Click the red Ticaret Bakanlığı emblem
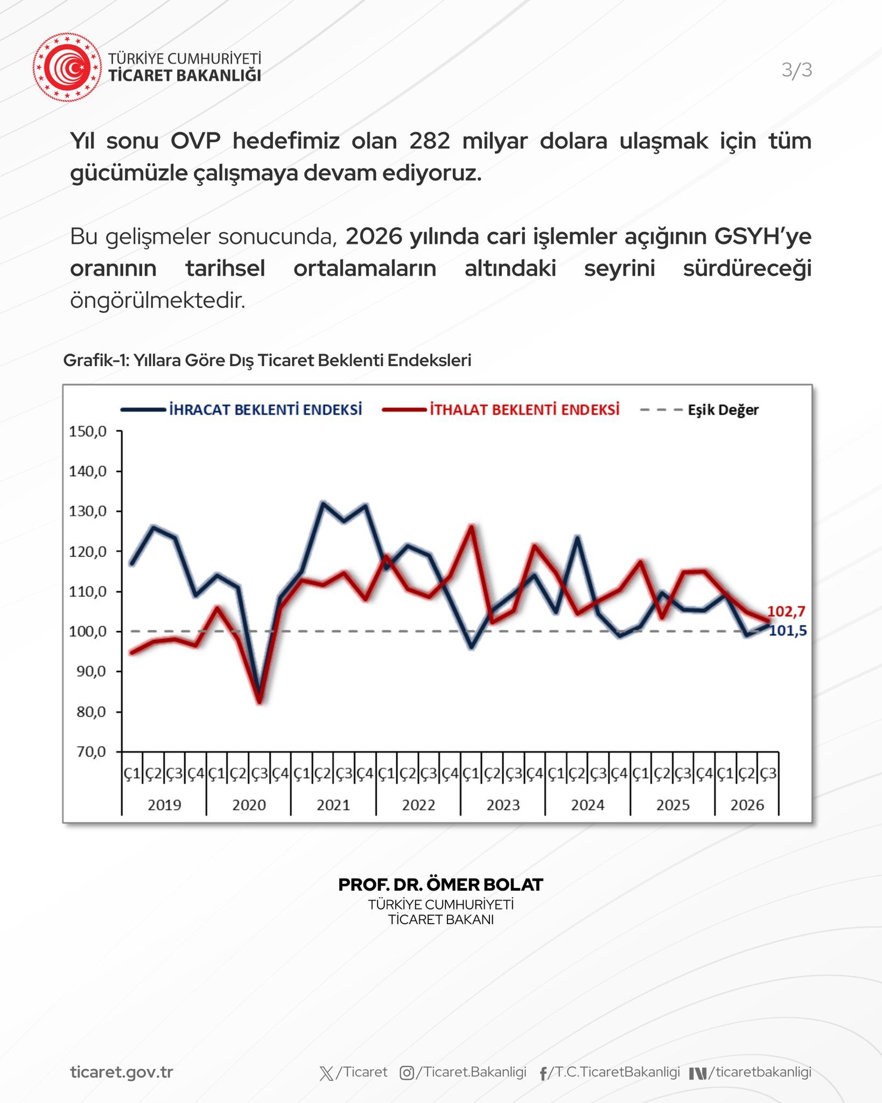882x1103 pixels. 67,67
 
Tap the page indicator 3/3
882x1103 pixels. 797,70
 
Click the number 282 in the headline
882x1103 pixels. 429,141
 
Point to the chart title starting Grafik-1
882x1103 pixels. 267,360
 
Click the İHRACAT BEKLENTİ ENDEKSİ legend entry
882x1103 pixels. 241,409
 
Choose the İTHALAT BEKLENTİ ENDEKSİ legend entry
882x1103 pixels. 501,409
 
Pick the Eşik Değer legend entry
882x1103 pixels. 699,410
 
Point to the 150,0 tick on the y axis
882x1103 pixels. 88,431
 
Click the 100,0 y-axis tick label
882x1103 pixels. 88,631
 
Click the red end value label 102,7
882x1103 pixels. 786,611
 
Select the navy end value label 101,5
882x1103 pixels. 787,631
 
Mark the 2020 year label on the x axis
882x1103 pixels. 249,805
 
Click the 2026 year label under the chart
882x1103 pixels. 747,805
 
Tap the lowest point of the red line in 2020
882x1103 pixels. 260,702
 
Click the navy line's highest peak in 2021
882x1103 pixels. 323,503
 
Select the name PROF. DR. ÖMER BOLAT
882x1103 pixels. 441,884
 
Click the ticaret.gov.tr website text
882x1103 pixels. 122,1072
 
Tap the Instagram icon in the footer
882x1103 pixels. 407,1073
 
